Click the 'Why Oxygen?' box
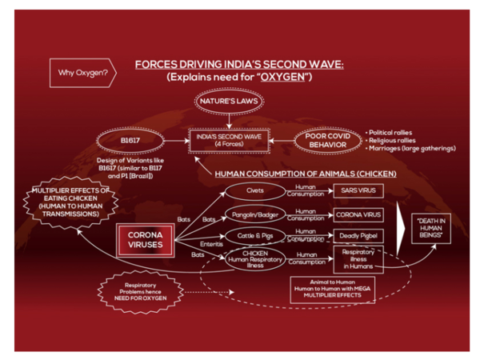click(x=82, y=74)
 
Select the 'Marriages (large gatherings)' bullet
click(x=410, y=148)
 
